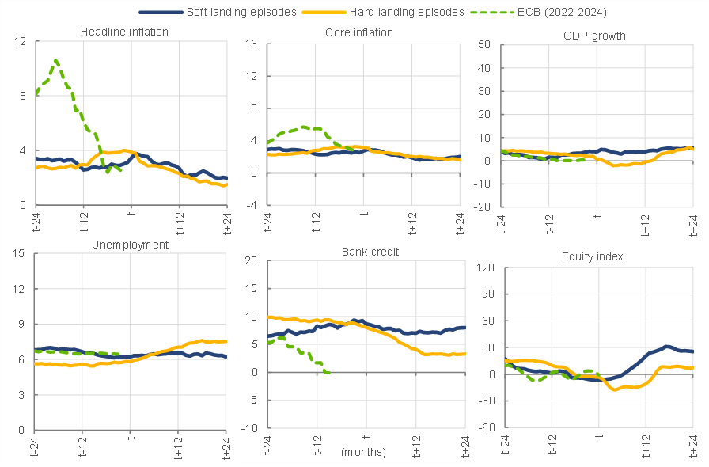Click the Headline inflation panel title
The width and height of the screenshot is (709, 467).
pyautogui.click(x=124, y=32)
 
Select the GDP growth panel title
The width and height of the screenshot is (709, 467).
pyautogui.click(x=593, y=36)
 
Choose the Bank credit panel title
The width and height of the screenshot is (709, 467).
pyautogui.click(x=370, y=252)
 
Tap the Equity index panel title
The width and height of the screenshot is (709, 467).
pyautogui.click(x=593, y=256)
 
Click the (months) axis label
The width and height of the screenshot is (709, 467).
pyautogui.click(x=363, y=453)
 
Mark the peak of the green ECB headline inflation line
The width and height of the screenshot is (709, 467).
pyautogui.click(x=55, y=60)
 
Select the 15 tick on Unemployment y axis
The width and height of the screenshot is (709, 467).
pyautogui.click(x=19, y=253)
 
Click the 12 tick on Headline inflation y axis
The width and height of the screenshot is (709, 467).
pyautogui.click(x=19, y=41)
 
